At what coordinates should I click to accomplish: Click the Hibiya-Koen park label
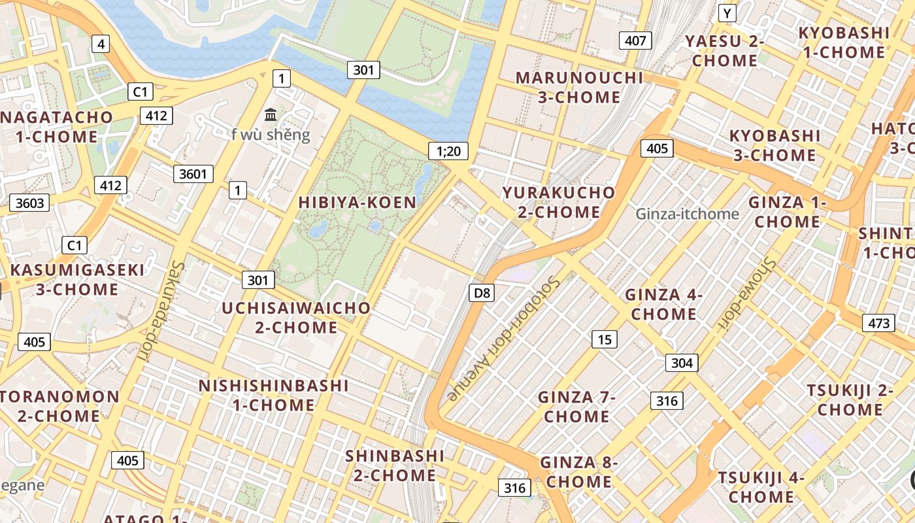(357, 203)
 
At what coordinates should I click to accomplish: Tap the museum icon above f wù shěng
(271, 115)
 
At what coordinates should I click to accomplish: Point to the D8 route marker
(482, 293)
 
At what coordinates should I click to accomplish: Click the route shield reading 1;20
(448, 152)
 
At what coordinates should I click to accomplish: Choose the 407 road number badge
(635, 41)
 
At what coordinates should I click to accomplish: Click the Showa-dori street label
(746, 292)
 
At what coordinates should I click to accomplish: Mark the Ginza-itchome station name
(687, 214)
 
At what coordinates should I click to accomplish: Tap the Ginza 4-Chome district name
(663, 304)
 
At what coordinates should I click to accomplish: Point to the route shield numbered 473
(878, 323)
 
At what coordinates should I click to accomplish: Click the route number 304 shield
(682, 363)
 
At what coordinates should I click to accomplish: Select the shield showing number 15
(605, 339)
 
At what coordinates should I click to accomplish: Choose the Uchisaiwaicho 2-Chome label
(296, 317)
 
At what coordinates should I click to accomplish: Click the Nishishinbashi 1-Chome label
(274, 395)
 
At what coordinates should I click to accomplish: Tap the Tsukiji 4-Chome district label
(761, 487)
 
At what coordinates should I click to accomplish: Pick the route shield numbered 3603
(30, 203)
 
